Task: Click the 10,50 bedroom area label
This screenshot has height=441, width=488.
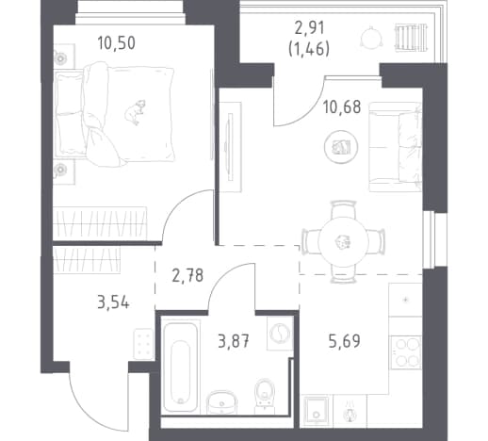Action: (117, 43)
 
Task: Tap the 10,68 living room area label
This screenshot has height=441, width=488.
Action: (342, 106)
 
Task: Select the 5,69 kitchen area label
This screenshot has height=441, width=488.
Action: (345, 341)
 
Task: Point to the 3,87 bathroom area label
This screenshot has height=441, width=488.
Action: (234, 341)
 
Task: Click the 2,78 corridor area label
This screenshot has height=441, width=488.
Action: (187, 275)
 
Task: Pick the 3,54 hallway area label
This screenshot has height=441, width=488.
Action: (113, 303)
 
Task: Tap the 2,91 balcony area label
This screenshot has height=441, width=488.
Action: (309, 28)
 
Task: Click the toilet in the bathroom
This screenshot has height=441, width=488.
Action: (264, 396)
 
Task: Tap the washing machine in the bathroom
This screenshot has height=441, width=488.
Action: (280, 333)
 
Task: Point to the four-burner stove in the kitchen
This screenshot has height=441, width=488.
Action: (405, 352)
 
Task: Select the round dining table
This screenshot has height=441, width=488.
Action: (343, 242)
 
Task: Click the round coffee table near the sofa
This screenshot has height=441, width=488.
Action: (341, 147)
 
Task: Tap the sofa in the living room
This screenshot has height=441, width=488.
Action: (395, 147)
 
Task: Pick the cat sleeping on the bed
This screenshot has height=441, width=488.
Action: (136, 112)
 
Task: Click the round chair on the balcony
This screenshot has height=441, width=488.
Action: (372, 38)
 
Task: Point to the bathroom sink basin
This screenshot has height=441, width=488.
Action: (221, 402)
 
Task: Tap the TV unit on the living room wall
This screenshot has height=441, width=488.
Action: (230, 147)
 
